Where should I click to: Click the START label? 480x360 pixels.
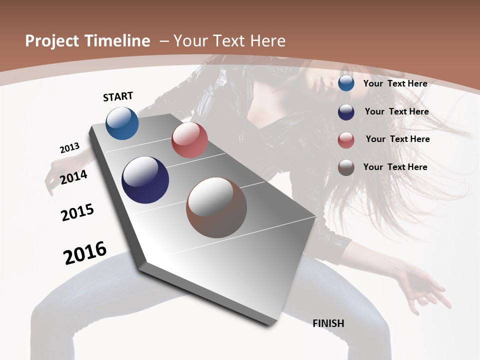click(118, 96)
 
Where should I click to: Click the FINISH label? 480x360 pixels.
click(328, 323)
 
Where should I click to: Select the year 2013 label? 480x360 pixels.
click(69, 148)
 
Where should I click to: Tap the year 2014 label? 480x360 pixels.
click(74, 177)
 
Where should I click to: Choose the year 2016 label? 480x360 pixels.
click(85, 253)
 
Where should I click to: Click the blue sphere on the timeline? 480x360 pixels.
click(122, 123)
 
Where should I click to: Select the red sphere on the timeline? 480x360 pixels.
click(189, 140)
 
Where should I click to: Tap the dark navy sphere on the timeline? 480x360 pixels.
click(145, 180)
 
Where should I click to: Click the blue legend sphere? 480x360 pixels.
click(346, 83)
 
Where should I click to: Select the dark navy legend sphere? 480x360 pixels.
click(346, 112)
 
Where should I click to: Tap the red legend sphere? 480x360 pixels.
click(346, 140)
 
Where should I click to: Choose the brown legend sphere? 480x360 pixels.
click(346, 167)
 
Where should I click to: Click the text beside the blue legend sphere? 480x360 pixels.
click(395, 83)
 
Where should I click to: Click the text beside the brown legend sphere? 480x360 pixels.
click(395, 167)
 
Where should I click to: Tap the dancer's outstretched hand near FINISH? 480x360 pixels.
click(425, 290)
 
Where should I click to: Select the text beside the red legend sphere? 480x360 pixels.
click(397, 139)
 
